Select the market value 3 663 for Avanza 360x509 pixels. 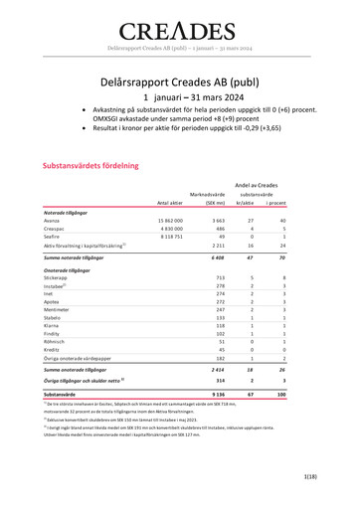218,220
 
